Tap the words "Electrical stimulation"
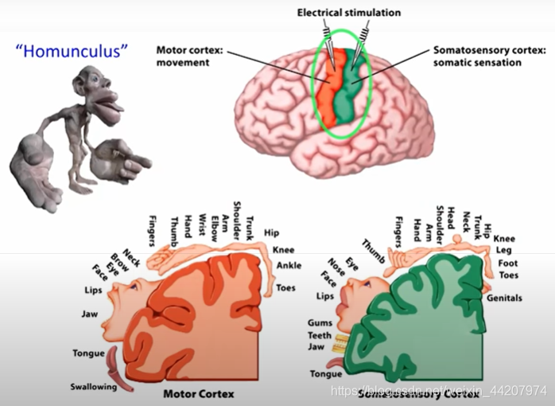(x=349, y=13)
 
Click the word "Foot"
(x=507, y=263)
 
